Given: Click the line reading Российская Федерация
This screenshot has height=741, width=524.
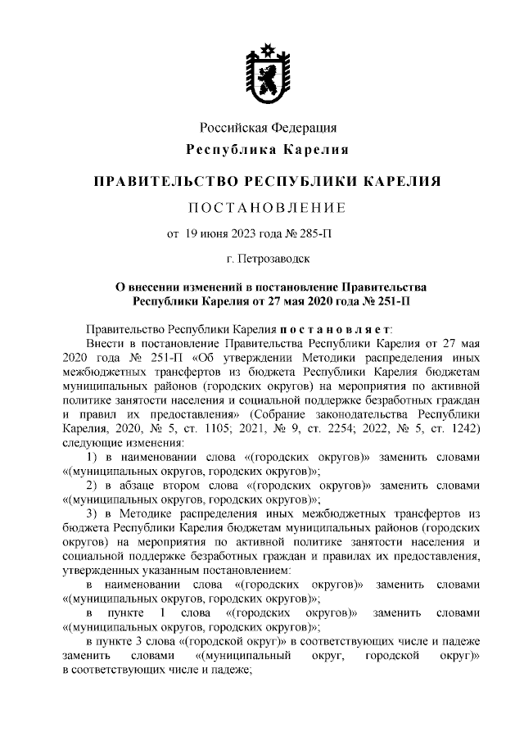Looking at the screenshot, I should [x=269, y=128].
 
